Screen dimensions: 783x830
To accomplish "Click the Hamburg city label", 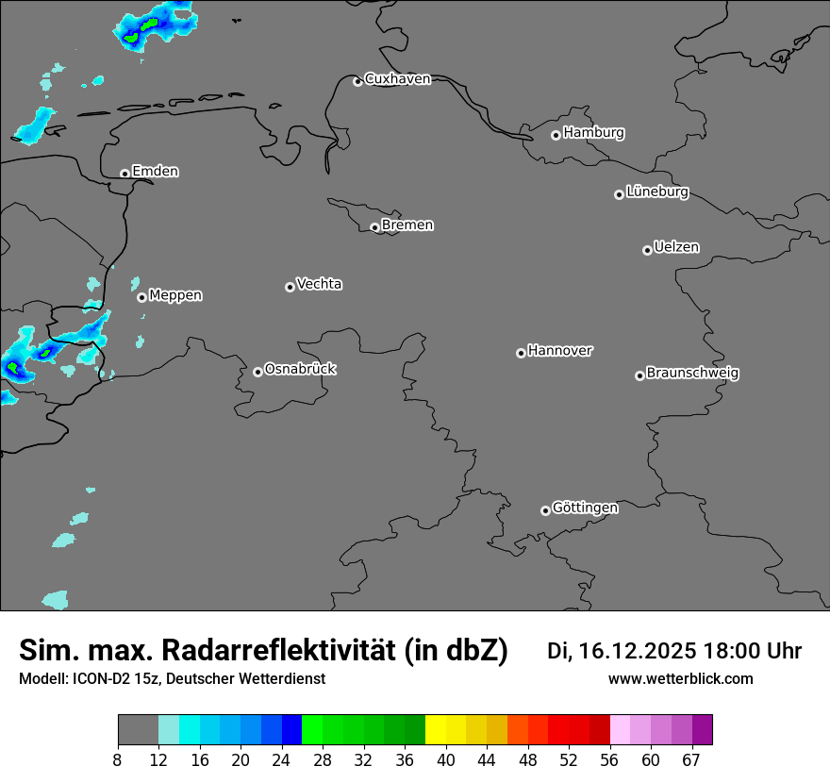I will coord(593,133).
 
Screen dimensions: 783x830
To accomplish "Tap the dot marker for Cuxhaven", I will coord(357,81).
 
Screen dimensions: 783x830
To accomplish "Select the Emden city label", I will coord(155,172).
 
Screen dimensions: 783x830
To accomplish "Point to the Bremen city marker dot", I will coord(374,227).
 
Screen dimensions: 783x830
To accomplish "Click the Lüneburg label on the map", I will coord(656,192).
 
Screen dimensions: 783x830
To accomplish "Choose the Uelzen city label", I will coord(676,248).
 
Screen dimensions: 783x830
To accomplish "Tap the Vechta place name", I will coord(319,284).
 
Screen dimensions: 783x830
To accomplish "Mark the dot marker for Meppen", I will coord(141,297).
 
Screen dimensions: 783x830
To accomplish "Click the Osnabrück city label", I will coord(300,369).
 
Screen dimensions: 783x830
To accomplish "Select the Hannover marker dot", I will coord(521,353).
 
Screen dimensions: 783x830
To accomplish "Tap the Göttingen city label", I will coord(585,508).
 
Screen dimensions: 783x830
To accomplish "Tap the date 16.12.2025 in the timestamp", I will coord(638,651).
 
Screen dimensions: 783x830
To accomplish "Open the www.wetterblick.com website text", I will coord(680,679).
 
